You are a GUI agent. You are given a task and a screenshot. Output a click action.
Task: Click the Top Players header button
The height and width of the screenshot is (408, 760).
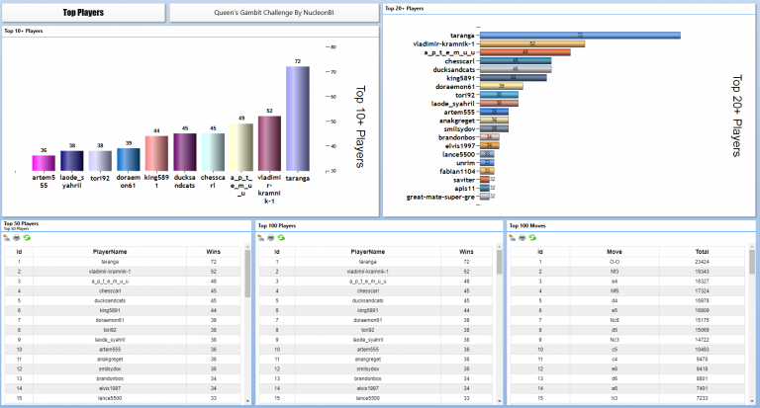83,13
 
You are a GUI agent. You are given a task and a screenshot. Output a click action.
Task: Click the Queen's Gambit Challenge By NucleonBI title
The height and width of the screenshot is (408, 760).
272,13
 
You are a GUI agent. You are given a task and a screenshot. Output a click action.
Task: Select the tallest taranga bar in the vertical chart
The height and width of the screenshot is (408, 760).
298,119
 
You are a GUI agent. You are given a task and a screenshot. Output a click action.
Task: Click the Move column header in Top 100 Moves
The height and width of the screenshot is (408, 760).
615,252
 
